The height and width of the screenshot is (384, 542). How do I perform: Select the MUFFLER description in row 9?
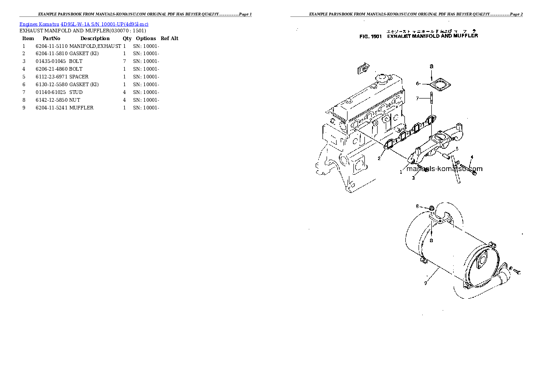(x=82, y=108)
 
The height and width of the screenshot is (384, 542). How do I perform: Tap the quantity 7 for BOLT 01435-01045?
(x=124, y=62)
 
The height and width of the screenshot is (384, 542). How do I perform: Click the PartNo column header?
(x=51, y=38)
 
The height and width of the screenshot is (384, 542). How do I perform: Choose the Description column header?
(x=95, y=38)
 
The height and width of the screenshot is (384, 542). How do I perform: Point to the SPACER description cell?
(x=79, y=77)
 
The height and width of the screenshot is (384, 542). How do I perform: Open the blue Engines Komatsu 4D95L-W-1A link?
(x=84, y=24)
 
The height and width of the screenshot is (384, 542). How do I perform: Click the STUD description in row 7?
(x=76, y=92)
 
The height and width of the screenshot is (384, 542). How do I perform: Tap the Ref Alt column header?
(x=169, y=38)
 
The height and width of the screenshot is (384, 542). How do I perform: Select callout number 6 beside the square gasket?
(x=417, y=83)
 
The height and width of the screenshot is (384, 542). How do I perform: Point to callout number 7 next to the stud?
(x=417, y=98)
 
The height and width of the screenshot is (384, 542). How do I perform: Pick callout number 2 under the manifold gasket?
(x=378, y=158)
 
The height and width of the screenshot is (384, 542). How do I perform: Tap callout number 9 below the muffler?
(x=425, y=283)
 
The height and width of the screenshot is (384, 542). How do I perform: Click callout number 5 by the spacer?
(x=457, y=149)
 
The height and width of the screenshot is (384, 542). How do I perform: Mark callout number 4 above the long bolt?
(x=472, y=157)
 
